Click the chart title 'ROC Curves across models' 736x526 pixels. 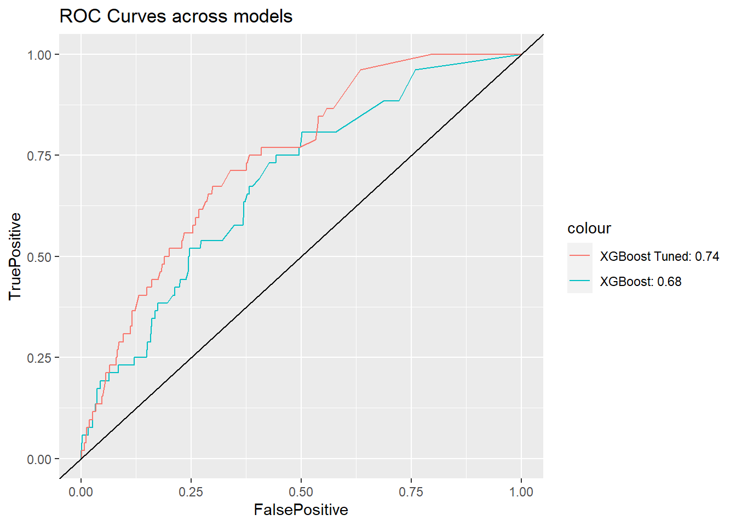click(176, 16)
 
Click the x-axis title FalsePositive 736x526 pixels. click(301, 510)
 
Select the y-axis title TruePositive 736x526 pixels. click(15, 256)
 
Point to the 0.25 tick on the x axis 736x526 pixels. click(191, 491)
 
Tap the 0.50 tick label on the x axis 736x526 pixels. click(301, 491)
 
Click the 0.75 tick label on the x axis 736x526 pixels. click(411, 491)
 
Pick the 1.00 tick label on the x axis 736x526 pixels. click(521, 491)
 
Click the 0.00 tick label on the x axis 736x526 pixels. click(81, 491)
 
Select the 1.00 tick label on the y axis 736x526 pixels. click(39, 55)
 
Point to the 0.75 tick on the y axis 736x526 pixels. click(39, 156)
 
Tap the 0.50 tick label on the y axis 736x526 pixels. click(39, 257)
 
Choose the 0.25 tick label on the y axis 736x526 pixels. click(39, 358)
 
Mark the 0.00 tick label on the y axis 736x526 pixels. click(39, 459)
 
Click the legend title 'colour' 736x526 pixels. click(589, 228)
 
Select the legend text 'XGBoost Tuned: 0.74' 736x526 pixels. click(659, 256)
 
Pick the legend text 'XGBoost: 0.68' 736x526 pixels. click(641, 282)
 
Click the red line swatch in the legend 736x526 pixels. click(579, 256)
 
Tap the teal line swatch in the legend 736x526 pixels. click(579, 281)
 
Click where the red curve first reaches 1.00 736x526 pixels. click(432, 54)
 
